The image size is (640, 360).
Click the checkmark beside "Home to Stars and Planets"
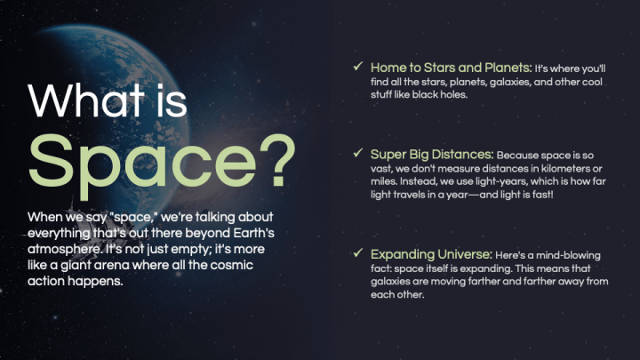pyautogui.click(x=357, y=67)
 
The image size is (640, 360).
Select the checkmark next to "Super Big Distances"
pyautogui.click(x=357, y=153)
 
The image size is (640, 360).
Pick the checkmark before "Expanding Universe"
pyautogui.click(x=357, y=253)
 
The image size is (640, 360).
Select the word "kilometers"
pyautogui.click(x=554, y=168)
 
